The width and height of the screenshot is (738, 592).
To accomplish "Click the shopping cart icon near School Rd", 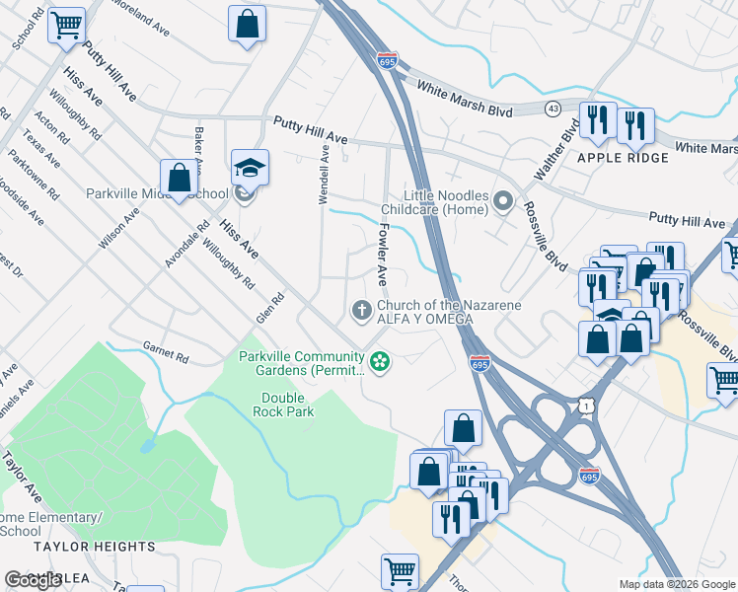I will pos(67,25).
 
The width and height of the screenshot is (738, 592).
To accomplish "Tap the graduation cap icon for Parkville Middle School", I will pos(250,169).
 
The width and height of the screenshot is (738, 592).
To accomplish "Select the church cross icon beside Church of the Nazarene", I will pos(362,312).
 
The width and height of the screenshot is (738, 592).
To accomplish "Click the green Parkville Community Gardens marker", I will pos(379,363).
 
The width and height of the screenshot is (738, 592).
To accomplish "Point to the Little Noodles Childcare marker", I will pos(503,203).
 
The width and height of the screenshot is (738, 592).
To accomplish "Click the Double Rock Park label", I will pos(288,405).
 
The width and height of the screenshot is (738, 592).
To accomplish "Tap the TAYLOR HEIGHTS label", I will pos(94,546).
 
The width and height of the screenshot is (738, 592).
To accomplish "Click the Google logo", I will pos(34,580).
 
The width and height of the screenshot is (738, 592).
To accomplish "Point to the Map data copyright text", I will pos(676,584).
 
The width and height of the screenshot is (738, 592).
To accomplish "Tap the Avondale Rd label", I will pos(187,243).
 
